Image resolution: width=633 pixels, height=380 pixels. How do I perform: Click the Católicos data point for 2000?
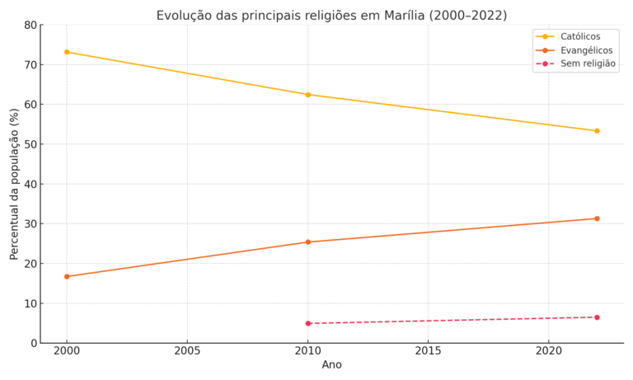coord(67,52)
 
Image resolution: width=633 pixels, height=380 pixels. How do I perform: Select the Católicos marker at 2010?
coord(308,95)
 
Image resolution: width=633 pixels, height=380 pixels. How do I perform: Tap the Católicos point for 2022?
coord(597,131)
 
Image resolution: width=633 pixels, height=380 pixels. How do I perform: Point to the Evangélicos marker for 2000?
coord(67,276)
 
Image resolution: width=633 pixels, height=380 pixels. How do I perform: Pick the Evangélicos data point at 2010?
coord(308,242)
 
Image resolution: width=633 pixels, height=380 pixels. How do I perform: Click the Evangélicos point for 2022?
coord(597,218)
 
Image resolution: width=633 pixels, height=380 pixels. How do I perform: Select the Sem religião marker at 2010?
coord(308,323)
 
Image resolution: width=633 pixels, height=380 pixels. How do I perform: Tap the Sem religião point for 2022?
coord(597,317)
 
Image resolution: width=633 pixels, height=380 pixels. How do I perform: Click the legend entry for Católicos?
coord(580,36)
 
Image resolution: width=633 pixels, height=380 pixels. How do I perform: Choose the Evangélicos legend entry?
coord(586,50)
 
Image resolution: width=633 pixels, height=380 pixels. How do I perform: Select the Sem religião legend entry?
coord(588,63)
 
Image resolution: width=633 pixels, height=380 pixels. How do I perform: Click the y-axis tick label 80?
coord(30,26)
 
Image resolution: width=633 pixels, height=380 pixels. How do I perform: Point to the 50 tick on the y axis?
coord(30,145)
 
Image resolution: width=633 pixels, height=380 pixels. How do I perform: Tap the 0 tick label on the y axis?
coord(34,344)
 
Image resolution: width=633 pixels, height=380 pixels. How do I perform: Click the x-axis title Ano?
coord(331,365)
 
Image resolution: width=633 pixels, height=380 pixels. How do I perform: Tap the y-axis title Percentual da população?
coord(15,184)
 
